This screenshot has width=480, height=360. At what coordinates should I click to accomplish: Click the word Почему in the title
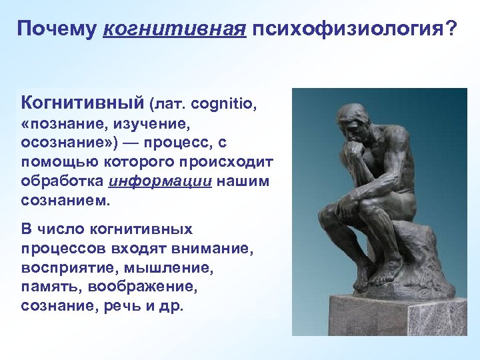click(57, 30)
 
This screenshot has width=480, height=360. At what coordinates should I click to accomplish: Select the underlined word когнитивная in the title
click(174, 30)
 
